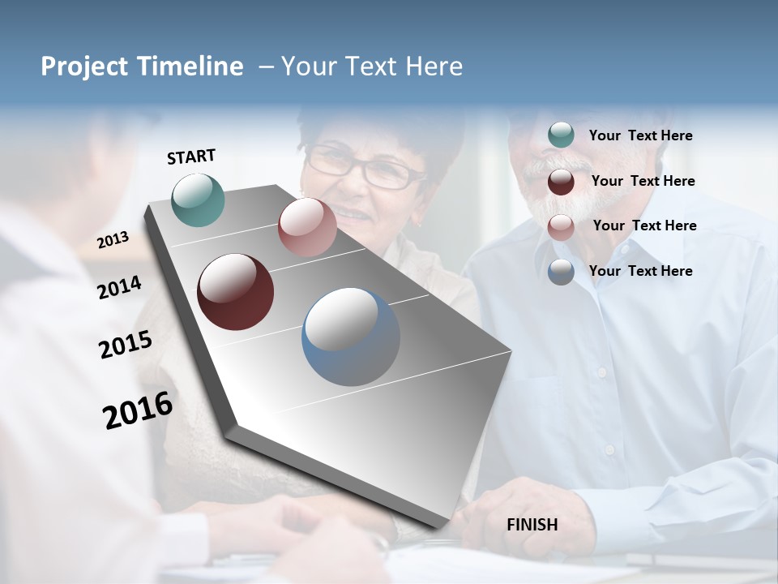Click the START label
(191, 157)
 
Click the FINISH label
(532, 525)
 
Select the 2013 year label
(113, 239)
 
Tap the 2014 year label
(120, 287)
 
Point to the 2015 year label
(126, 345)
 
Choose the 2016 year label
(138, 410)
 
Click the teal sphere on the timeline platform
(199, 200)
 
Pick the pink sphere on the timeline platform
(307, 227)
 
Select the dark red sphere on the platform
(236, 292)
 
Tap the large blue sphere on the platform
(351, 337)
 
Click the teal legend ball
(561, 135)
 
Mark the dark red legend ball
(561, 182)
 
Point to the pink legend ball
(561, 227)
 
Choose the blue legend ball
(561, 272)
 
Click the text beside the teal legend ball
(641, 135)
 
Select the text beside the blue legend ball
(641, 271)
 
